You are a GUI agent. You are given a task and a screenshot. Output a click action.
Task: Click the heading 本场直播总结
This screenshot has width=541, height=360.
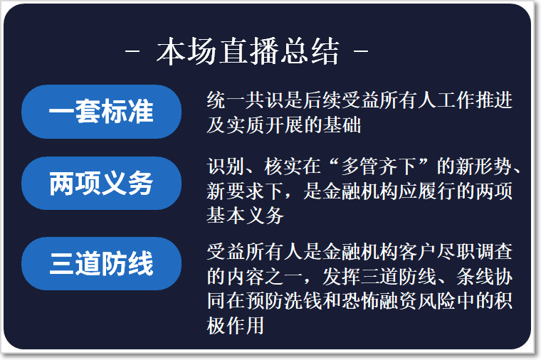(248, 51)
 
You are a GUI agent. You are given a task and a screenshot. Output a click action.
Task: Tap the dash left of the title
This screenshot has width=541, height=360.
(132, 52)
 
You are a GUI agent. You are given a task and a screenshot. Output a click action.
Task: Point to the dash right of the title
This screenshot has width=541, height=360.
(361, 52)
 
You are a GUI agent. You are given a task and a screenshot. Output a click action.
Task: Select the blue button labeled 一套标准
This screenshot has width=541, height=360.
(101, 112)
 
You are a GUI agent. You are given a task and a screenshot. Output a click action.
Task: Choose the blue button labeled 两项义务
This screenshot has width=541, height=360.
(101, 183)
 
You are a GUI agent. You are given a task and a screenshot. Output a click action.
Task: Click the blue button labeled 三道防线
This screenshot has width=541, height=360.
(101, 263)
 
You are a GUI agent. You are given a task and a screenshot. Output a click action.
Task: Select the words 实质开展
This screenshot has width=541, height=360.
(265, 125)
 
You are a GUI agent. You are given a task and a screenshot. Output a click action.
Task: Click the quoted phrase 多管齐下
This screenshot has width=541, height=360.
(379, 166)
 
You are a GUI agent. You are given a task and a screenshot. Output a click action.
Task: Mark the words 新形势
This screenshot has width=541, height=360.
(485, 166)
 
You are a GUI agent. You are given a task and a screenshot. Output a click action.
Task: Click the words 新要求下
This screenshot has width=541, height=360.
(246, 191)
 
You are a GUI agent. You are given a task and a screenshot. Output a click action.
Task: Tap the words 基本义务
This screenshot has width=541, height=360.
(246, 216)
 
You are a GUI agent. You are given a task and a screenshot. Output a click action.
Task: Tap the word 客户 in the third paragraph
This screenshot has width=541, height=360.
(418, 251)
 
